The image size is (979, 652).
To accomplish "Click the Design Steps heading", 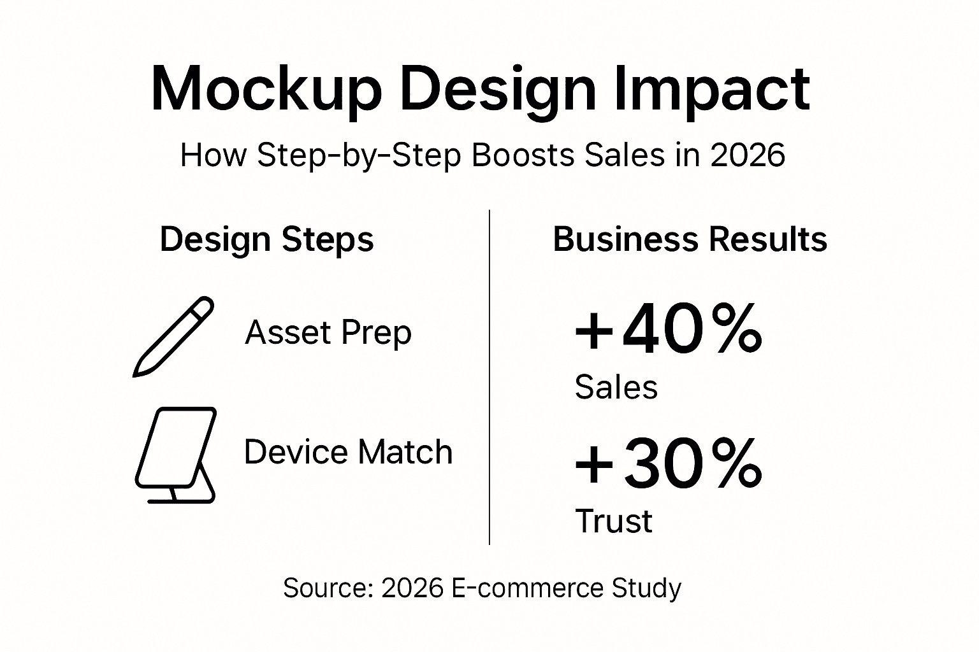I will coord(266,240).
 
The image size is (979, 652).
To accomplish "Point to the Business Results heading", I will coord(690,240).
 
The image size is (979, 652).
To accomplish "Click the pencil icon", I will coord(173,336).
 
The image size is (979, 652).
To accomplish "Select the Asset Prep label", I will coord(328,332).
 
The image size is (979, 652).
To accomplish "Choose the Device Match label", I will coord(348,452).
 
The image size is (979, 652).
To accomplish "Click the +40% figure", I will coord(668,330).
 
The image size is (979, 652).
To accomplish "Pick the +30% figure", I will coord(668,464).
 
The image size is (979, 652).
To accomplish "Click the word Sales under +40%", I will coord(616,387).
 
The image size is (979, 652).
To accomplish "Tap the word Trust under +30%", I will coord(614,521).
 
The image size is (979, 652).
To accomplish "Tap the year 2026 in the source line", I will coord(412,588).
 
